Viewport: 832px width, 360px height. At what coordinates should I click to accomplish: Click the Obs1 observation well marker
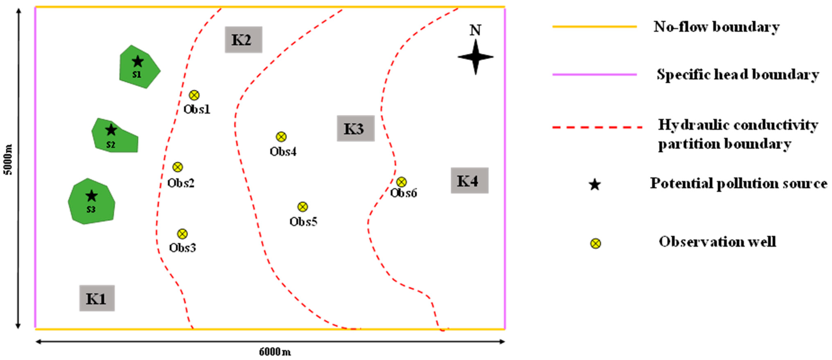click(194, 95)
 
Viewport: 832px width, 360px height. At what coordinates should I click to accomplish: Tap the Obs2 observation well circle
click(177, 167)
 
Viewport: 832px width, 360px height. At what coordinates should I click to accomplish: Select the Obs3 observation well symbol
click(182, 234)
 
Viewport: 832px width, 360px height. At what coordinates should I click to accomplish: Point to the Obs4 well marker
click(281, 137)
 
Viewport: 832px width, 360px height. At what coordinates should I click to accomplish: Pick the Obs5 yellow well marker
click(302, 206)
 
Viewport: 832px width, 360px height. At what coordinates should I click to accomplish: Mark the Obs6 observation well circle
click(401, 182)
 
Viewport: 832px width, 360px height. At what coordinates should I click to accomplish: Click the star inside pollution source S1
click(138, 61)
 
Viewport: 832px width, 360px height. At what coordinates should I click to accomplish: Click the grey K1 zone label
click(97, 298)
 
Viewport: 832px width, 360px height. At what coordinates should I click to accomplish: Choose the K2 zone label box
click(243, 39)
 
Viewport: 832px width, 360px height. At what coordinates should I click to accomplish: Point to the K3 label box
click(355, 128)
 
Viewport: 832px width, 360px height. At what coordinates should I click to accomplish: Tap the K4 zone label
click(469, 180)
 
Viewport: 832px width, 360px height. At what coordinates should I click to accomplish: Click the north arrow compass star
click(475, 57)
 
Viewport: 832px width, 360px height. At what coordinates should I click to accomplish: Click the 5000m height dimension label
click(8, 159)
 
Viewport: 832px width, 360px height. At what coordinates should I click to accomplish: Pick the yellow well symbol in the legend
click(595, 243)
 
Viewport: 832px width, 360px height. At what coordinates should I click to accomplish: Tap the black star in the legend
click(595, 185)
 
